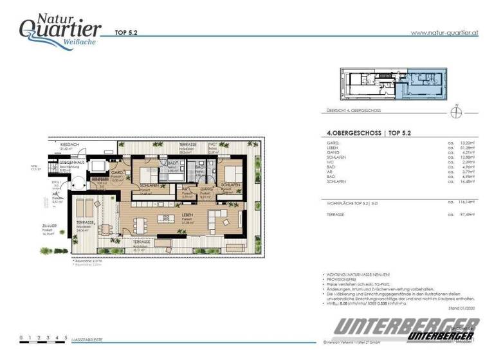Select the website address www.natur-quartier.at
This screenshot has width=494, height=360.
[443, 32]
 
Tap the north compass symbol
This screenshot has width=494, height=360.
[456, 113]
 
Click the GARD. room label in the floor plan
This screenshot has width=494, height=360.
[118, 173]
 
